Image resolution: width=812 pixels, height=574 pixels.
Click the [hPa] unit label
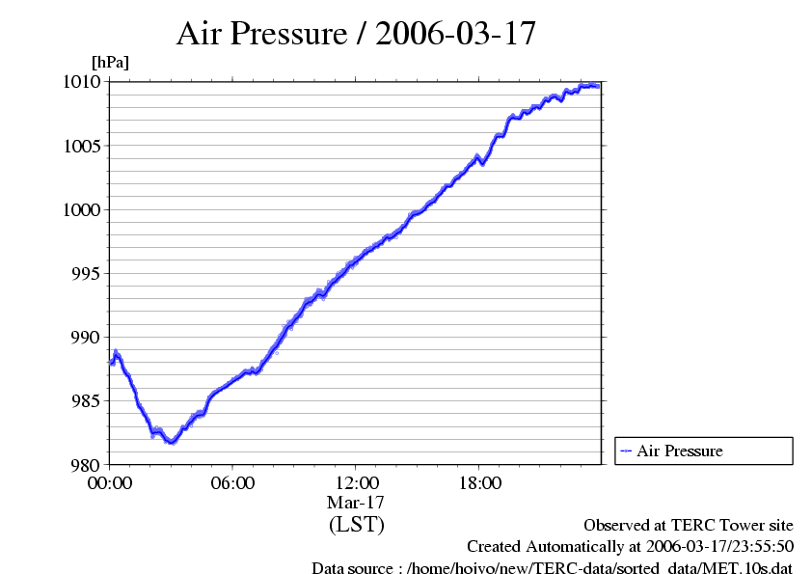(110, 62)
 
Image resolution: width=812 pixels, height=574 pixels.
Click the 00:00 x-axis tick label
(110, 482)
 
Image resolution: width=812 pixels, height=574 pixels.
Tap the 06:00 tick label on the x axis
(232, 482)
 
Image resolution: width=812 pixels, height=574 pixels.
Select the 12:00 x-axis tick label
(356, 482)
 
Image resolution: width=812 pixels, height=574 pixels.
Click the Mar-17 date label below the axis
(356, 503)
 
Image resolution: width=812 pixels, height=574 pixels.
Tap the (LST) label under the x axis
(356, 525)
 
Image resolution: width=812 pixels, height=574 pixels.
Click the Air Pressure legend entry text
(679, 451)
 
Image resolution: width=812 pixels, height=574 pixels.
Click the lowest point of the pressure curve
(171, 442)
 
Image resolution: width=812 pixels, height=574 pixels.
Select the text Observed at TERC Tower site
(689, 525)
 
